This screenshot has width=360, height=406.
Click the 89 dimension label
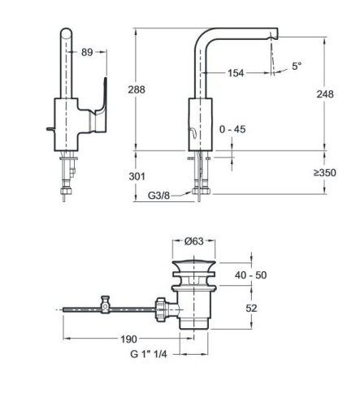click(x=87, y=52)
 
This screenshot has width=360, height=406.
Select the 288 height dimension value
click(x=137, y=89)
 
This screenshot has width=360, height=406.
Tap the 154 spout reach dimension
click(x=236, y=73)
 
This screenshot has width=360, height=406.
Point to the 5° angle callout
click(x=297, y=66)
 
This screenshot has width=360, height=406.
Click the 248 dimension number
click(x=325, y=94)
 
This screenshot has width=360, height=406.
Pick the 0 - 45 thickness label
click(x=232, y=129)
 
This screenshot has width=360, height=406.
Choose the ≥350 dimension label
click(x=325, y=172)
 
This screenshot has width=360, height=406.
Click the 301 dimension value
click(x=137, y=176)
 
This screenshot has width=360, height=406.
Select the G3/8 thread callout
click(x=158, y=195)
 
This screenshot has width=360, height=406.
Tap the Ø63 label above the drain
click(x=194, y=241)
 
